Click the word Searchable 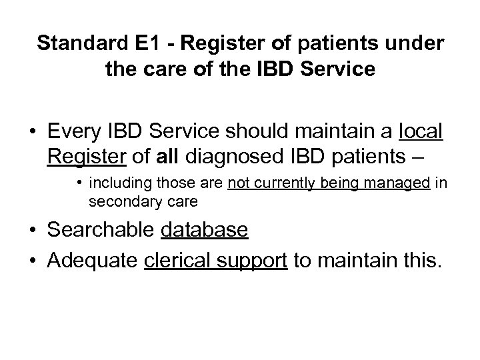coord(101,230)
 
